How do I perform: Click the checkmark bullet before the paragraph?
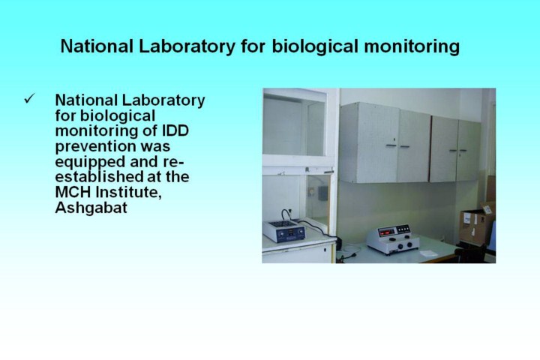pos(29,99)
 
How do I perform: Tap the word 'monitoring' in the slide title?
pos(412,46)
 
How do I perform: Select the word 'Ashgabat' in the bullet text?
pos(91,208)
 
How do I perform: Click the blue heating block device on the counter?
pos(284,230)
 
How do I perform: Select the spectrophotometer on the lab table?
pos(392,239)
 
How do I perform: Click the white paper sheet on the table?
pos(428,253)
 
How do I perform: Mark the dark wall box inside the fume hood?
pos(322,193)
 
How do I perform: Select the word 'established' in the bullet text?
pos(99,177)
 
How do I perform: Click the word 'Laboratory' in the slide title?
pos(187,46)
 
